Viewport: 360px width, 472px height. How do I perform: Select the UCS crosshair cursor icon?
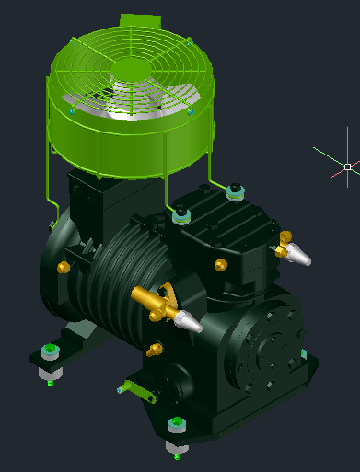347,167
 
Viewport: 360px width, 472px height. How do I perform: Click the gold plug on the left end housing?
64,268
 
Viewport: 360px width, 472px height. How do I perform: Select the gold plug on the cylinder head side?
220,265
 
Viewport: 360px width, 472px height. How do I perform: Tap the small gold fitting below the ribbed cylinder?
154,350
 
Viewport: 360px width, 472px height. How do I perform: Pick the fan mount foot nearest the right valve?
236,191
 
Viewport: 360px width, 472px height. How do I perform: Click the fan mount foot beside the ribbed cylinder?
181,215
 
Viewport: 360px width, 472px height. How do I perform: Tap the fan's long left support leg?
47,175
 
